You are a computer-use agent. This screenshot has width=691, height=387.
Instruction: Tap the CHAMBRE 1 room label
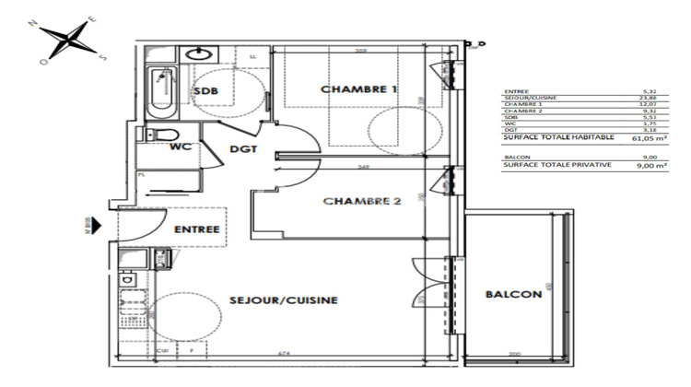point(359,89)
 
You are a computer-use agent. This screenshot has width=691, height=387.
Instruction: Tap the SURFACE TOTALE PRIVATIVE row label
point(550,166)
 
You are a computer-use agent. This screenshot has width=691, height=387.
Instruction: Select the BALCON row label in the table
point(516,158)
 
